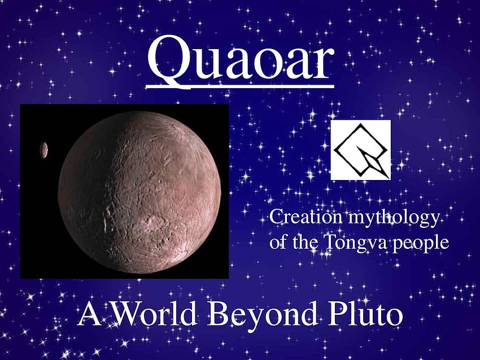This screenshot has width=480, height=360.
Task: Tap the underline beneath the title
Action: point(240,87)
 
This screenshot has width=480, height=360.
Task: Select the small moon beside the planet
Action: point(44,150)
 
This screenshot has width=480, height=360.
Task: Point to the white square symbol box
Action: point(361,150)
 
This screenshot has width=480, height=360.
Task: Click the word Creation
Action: point(306,217)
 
